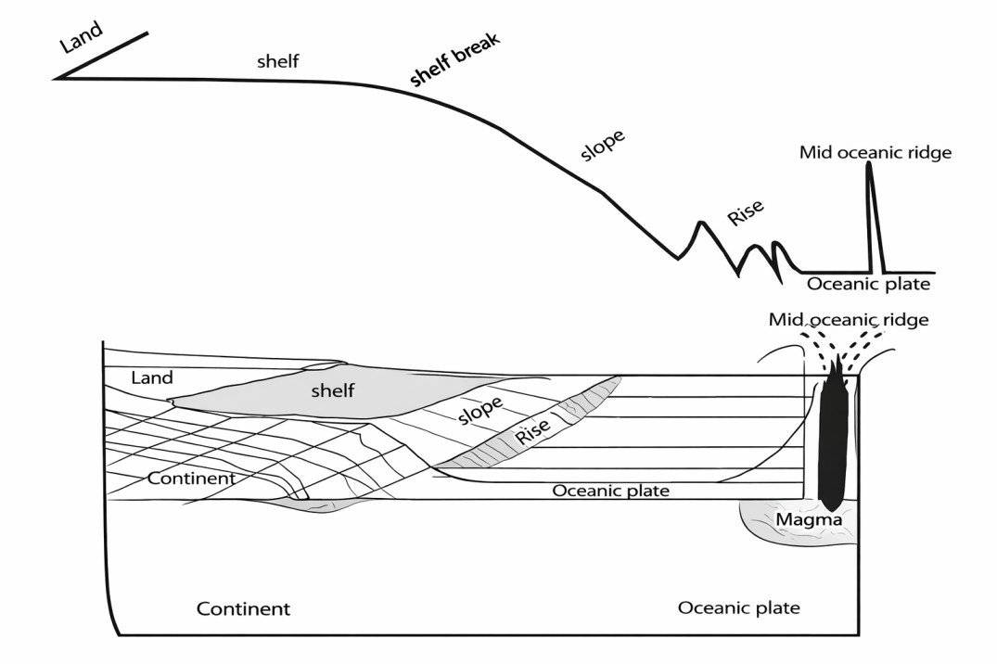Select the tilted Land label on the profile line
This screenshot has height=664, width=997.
[x=82, y=38]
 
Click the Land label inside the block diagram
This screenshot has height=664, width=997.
[x=153, y=378]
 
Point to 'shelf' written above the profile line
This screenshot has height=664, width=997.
[x=278, y=63]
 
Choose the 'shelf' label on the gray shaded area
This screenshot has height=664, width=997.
[x=333, y=390]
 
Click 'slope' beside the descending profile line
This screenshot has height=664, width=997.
[x=603, y=145]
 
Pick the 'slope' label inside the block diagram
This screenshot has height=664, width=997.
[x=480, y=409]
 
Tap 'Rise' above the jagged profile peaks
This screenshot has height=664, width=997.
[x=746, y=212]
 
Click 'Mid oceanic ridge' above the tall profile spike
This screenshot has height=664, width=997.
[x=876, y=152]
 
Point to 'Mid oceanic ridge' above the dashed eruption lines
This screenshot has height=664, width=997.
[x=849, y=320]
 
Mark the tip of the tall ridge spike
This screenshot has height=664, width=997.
[x=869, y=164]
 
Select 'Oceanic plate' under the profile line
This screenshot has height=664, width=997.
[x=867, y=285]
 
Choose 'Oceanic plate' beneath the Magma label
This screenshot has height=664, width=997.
[x=738, y=608]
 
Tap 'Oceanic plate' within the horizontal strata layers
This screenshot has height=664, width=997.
[x=610, y=491]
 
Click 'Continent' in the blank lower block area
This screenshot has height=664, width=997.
[x=243, y=609]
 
